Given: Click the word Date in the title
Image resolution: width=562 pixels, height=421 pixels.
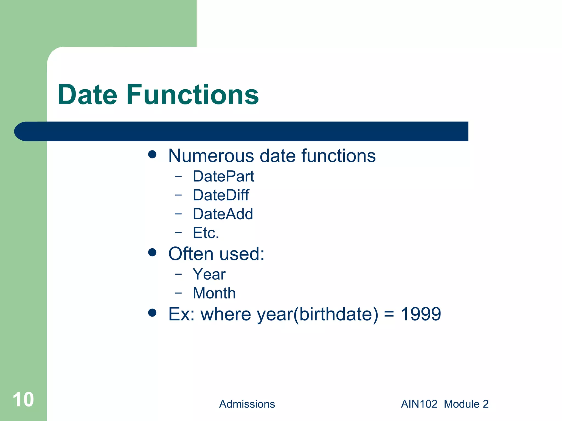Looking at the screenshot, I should pos(87,95).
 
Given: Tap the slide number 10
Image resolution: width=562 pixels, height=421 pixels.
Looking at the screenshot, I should pos(23,400).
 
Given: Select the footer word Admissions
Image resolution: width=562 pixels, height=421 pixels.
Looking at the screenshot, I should pos(247,404).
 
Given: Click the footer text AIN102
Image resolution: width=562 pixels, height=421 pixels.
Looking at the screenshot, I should pos(419,404).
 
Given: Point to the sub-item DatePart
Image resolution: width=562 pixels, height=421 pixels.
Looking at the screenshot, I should pos(223,176).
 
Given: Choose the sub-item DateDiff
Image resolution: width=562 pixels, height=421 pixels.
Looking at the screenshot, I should pos(221,195).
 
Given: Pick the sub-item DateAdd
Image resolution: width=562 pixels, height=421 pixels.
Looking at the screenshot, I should pos(223,214).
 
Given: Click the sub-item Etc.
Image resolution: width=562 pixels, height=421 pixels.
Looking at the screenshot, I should pos(206,233).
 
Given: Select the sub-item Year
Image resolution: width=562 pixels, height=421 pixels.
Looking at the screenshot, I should pos(209,274).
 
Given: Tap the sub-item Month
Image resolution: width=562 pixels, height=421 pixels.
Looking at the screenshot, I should pos(214,293).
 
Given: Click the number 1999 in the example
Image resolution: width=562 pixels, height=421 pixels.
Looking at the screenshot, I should pos(421,314).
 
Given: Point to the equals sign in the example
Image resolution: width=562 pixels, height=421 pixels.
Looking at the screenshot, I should pos(389,314).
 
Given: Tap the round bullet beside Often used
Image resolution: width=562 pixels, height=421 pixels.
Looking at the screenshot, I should pos(152,252).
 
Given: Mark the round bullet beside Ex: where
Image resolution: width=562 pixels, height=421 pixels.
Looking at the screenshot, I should pos(152,312).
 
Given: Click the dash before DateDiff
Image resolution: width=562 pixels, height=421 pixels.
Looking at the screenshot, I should pos(178,195).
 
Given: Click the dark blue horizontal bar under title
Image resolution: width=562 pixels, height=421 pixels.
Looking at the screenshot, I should pos(247,131).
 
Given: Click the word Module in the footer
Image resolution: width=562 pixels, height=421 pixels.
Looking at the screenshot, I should pos(462,404).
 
